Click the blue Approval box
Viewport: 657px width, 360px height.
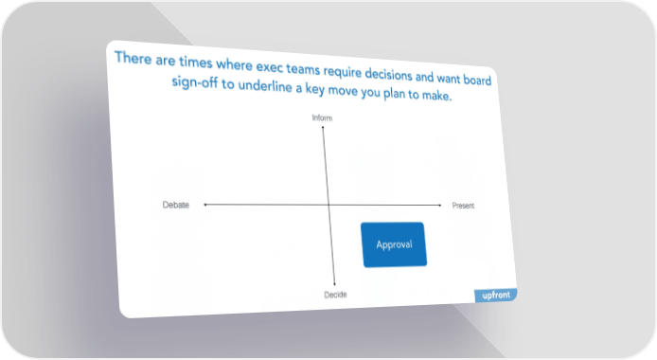coord(394,244)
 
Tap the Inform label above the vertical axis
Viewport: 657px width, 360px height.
coord(322,117)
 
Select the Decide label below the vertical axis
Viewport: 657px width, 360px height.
coord(336,295)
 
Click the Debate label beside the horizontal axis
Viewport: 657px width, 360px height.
coord(176,205)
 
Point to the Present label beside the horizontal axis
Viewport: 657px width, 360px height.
coord(463,206)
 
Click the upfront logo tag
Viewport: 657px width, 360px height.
coord(496,295)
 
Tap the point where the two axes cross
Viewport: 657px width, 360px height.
coord(328,205)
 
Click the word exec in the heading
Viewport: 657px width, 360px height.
coord(270,67)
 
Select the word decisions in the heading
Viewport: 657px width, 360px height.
coord(388,74)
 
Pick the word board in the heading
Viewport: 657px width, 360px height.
coord(477,80)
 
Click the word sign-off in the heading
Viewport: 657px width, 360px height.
coord(195,81)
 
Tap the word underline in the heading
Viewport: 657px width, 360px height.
coord(265,85)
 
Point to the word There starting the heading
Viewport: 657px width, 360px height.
coord(133,58)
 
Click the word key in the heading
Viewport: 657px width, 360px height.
coord(315,89)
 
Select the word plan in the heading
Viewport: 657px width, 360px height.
coord(394,94)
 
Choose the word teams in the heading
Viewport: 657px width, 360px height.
coord(303,69)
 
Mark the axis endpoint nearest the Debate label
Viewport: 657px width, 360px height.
coord(204,205)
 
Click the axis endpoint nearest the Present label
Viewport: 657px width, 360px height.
coord(440,206)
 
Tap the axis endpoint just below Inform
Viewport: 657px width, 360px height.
coord(323,127)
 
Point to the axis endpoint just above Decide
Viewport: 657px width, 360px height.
coord(334,284)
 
